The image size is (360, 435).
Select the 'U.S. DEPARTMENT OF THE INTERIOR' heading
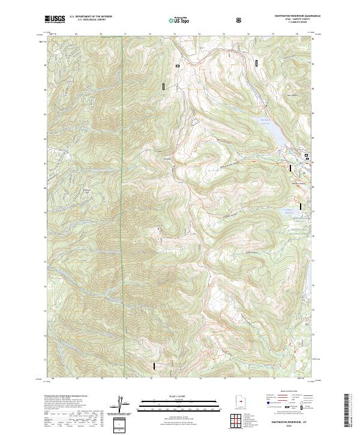pyautogui.click(x=91, y=16)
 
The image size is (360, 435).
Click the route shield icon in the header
pyautogui.click(x=240, y=20)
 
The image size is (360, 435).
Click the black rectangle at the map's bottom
pyautogui.click(x=154, y=365)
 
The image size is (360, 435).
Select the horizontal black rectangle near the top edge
pyautogui.click(x=177, y=65)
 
